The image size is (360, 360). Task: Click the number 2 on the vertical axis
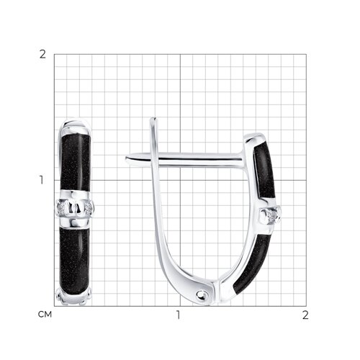click(42, 55)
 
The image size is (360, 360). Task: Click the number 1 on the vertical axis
click(42, 180)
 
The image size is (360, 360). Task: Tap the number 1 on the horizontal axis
click(178, 315)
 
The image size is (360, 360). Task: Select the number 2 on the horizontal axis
click(305, 315)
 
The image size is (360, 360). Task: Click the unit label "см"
click(45, 315)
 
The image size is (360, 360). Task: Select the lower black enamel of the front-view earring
click(74, 258)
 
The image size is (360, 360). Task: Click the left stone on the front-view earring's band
click(61, 207)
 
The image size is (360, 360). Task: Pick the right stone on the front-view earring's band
click(89, 208)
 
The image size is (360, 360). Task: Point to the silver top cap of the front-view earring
click(75, 126)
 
